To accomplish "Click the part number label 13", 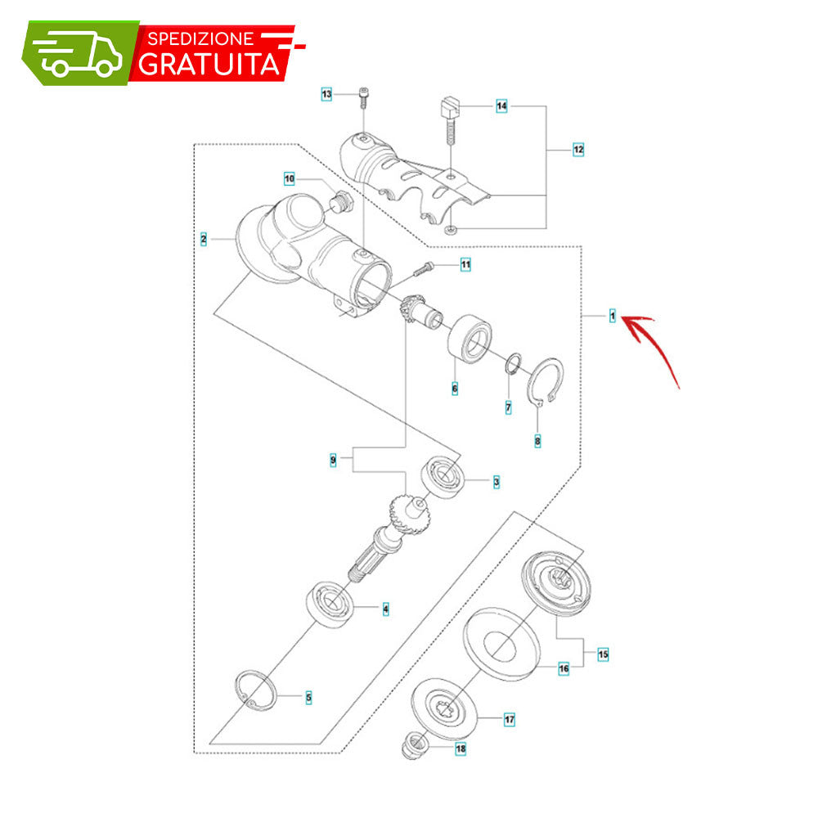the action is click(x=326, y=94).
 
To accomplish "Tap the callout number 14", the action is click(x=501, y=106).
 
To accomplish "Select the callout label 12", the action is click(x=578, y=150).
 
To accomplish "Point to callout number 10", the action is click(x=290, y=179).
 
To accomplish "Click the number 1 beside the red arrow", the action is click(x=613, y=316).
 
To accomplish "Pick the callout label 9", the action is click(x=333, y=460).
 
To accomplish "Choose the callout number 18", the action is click(x=461, y=748).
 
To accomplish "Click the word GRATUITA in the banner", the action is click(x=209, y=64).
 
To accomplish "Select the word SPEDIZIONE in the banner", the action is click(x=200, y=38).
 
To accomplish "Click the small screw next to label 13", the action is click(x=364, y=99).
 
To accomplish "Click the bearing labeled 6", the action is click(x=470, y=339).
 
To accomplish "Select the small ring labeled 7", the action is click(x=514, y=364).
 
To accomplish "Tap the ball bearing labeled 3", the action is click(x=443, y=477).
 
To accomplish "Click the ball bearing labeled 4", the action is click(x=329, y=605).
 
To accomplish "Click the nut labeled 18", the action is click(x=415, y=745).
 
